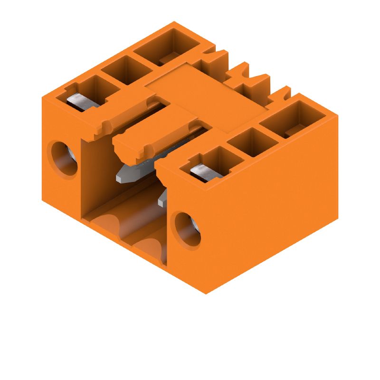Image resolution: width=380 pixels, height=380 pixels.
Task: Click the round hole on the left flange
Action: point(63,158)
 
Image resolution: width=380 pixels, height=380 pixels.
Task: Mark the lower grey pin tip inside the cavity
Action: point(163,199)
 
